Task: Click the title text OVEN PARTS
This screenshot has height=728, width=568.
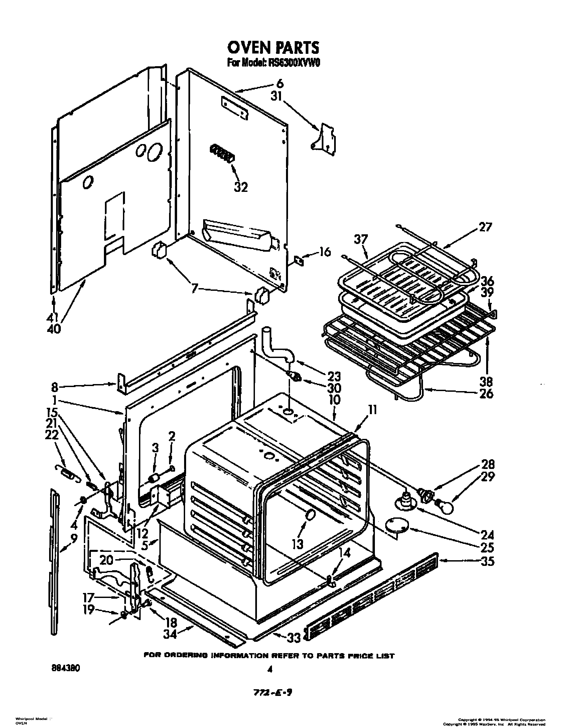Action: [273, 48]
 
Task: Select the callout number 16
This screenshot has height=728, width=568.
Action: [325, 252]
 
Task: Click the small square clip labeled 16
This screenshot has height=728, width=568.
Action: [299, 260]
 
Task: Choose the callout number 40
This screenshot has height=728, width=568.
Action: [53, 329]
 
